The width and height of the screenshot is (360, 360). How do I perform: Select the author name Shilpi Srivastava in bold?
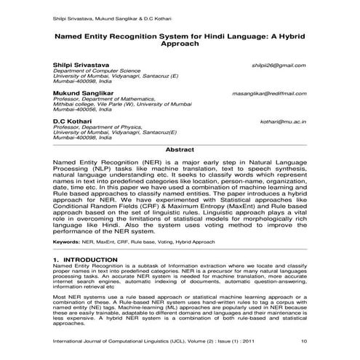83,65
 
